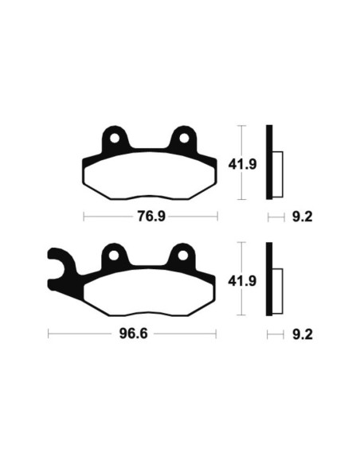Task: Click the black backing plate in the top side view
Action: pos(269,162)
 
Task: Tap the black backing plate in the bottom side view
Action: pos(269,280)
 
